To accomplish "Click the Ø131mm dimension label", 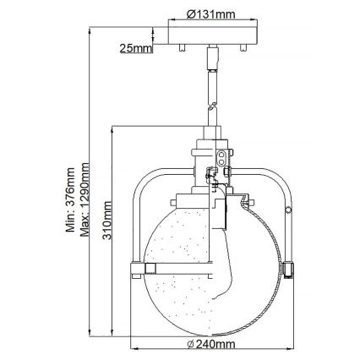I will pos(210,13).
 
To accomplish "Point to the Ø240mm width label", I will pos(210,344).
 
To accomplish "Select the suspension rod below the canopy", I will pos(210,80).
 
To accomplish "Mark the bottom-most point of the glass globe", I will pos(210,327).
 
